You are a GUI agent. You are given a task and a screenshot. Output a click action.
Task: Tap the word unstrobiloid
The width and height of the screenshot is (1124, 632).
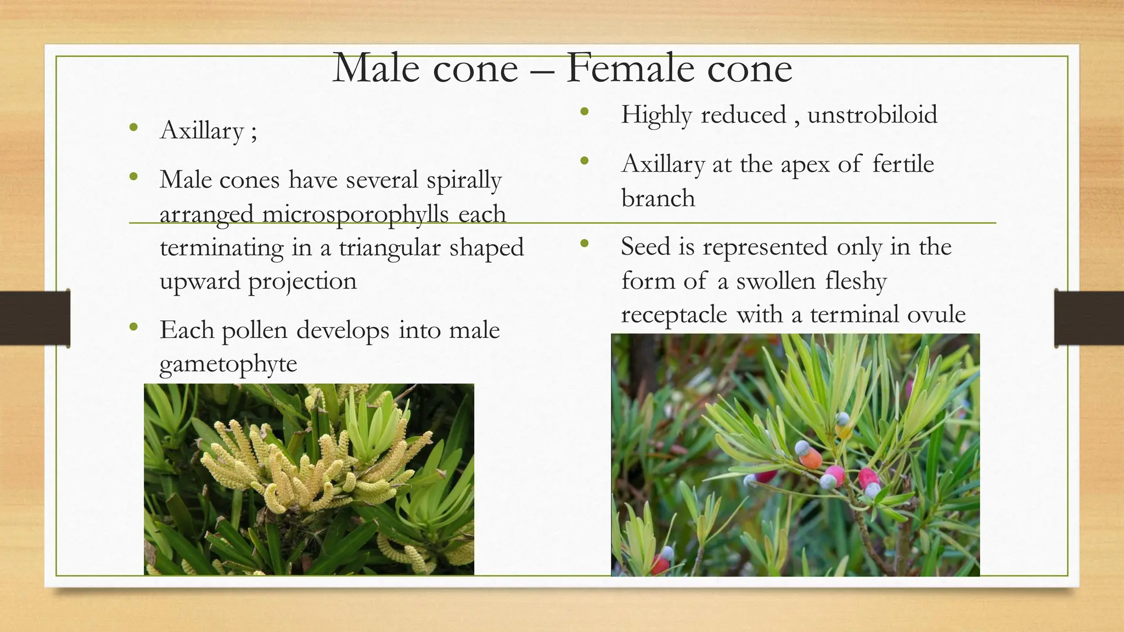click(872, 115)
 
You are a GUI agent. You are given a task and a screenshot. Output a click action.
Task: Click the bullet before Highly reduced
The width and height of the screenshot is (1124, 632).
click(584, 112)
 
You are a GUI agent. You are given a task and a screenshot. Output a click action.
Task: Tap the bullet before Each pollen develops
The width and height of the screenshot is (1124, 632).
click(133, 328)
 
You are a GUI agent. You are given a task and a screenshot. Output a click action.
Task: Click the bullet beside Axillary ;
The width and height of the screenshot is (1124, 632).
click(133, 128)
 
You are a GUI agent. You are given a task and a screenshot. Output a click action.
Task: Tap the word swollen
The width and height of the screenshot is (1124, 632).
click(775, 281)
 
